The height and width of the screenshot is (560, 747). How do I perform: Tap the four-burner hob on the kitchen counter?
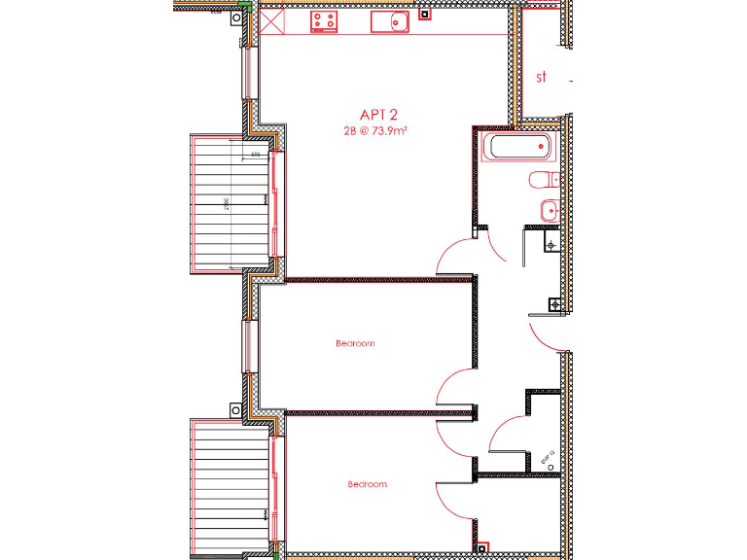(324, 20)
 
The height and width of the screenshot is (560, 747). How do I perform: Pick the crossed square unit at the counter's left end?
(269, 20)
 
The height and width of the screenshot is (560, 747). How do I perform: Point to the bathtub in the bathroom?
(517, 148)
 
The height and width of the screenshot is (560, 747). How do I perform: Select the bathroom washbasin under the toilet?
(547, 208)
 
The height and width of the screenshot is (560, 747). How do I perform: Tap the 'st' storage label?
(542, 76)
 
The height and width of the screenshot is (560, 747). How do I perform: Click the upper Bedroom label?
(355, 343)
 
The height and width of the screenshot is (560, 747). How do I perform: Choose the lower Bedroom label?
(367, 484)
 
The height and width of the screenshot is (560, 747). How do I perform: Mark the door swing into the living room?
(454, 258)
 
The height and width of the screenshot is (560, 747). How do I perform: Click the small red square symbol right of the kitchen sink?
(423, 14)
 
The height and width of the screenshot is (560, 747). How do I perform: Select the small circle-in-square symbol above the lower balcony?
(234, 410)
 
